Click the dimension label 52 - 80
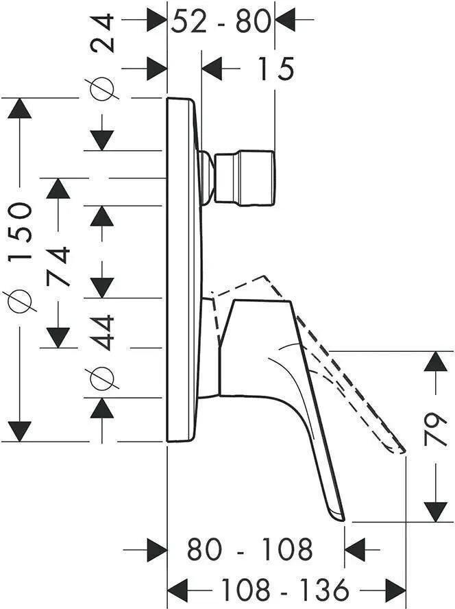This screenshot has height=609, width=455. tap(221, 21)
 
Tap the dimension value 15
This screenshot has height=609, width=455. tap(276, 69)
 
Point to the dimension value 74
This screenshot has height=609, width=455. tap(59, 266)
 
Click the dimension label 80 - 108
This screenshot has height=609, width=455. tap(250, 549)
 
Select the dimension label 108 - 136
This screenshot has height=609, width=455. tap(285, 590)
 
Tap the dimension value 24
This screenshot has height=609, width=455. tap(103, 33)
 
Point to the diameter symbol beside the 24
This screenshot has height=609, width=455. tap(103, 89)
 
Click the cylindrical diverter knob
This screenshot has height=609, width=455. tap(245, 178)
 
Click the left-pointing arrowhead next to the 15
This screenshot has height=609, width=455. tap(212, 69)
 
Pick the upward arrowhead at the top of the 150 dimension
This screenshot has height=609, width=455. tap(19, 108)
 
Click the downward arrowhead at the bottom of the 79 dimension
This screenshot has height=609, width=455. tap(436, 512)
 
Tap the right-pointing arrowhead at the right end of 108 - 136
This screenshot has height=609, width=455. tap(395, 590)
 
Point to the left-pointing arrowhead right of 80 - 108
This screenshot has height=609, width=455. tap(355, 549)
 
